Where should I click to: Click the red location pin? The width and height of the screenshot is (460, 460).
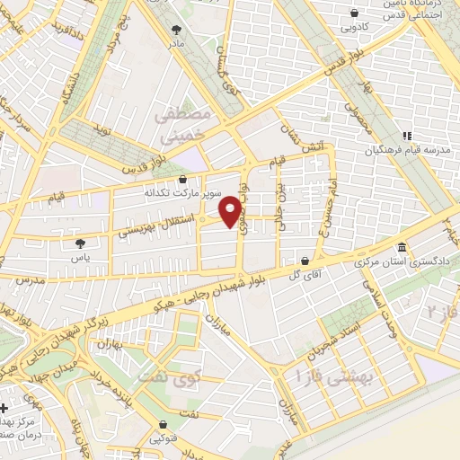232,210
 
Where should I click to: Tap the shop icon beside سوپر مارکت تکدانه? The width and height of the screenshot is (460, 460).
183,180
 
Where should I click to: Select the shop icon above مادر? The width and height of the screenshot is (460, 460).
176,30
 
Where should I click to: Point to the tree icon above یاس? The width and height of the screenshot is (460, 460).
80,243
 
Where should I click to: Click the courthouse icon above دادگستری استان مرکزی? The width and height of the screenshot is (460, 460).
401,248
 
